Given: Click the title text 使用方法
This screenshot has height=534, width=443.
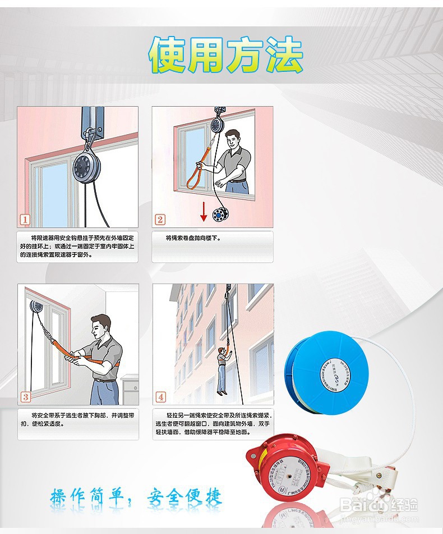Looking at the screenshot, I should click(226, 56).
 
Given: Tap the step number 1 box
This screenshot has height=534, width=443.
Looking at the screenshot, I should click(25, 220).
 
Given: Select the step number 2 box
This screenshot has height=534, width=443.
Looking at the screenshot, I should click(160, 220).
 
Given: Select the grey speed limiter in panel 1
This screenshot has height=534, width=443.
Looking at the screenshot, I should click(89, 166).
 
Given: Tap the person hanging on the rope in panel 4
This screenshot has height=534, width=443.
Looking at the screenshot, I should click(222, 368).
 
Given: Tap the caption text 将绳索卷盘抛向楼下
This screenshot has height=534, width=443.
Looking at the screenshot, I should click(193, 238).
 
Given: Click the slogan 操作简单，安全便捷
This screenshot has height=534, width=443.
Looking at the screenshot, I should click(136, 496).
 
